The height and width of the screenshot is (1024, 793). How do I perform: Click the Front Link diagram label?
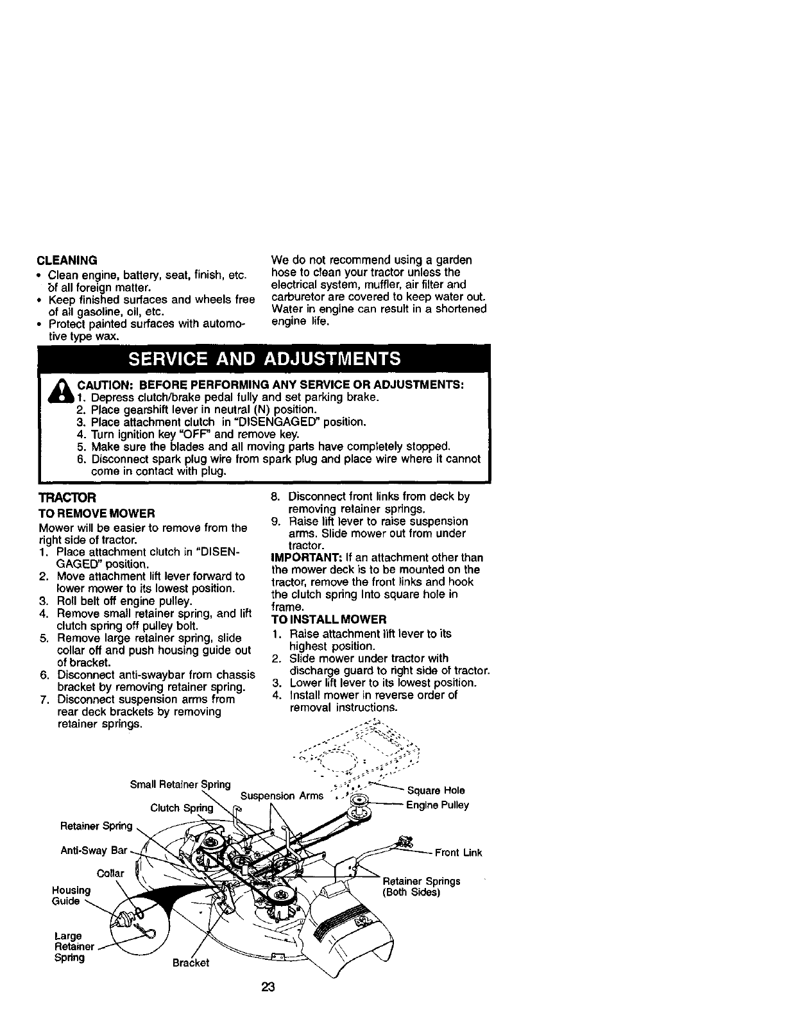pos(458,853)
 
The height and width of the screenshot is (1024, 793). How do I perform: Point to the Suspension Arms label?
pos(282,796)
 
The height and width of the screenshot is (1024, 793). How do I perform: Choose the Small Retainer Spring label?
pos(180,784)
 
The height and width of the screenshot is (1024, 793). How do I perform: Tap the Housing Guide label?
pos(71,896)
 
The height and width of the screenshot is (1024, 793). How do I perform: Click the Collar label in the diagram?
pos(110,874)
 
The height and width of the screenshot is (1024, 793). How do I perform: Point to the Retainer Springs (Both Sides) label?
pos(421,887)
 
